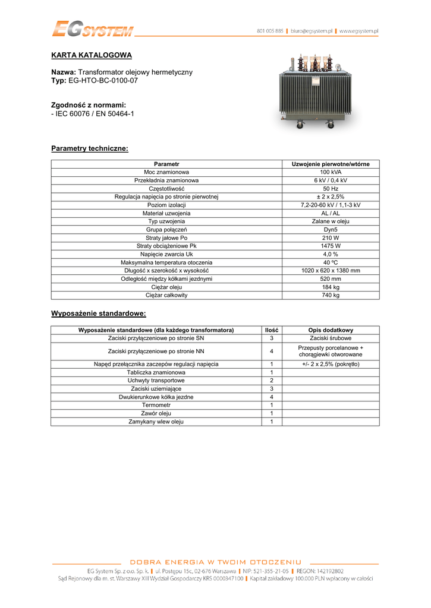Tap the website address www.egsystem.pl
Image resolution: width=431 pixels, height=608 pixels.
359,30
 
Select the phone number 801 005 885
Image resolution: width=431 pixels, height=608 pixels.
270,30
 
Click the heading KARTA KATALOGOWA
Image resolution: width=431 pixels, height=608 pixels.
92,55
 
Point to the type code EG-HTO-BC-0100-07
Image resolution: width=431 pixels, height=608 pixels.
103,80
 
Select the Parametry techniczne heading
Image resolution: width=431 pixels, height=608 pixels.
90,148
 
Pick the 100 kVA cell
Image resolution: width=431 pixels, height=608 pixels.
331,172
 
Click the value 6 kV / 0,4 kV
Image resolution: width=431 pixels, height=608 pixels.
331,180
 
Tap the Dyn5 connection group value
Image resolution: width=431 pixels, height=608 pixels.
331,229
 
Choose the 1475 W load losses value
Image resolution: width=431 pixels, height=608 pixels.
331,246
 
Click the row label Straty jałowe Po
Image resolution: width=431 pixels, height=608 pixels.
166,237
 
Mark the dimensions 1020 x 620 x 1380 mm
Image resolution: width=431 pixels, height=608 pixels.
331,270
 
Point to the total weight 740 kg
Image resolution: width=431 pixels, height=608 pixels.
331,295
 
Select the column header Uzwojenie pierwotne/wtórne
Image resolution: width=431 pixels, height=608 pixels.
331,164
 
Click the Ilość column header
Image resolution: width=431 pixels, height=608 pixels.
272,330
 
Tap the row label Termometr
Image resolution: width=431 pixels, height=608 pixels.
156,405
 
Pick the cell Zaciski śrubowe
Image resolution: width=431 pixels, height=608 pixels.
331,338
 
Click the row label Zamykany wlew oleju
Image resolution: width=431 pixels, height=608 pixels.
156,422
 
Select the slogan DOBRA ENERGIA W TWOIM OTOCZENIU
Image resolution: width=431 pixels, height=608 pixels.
215,562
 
